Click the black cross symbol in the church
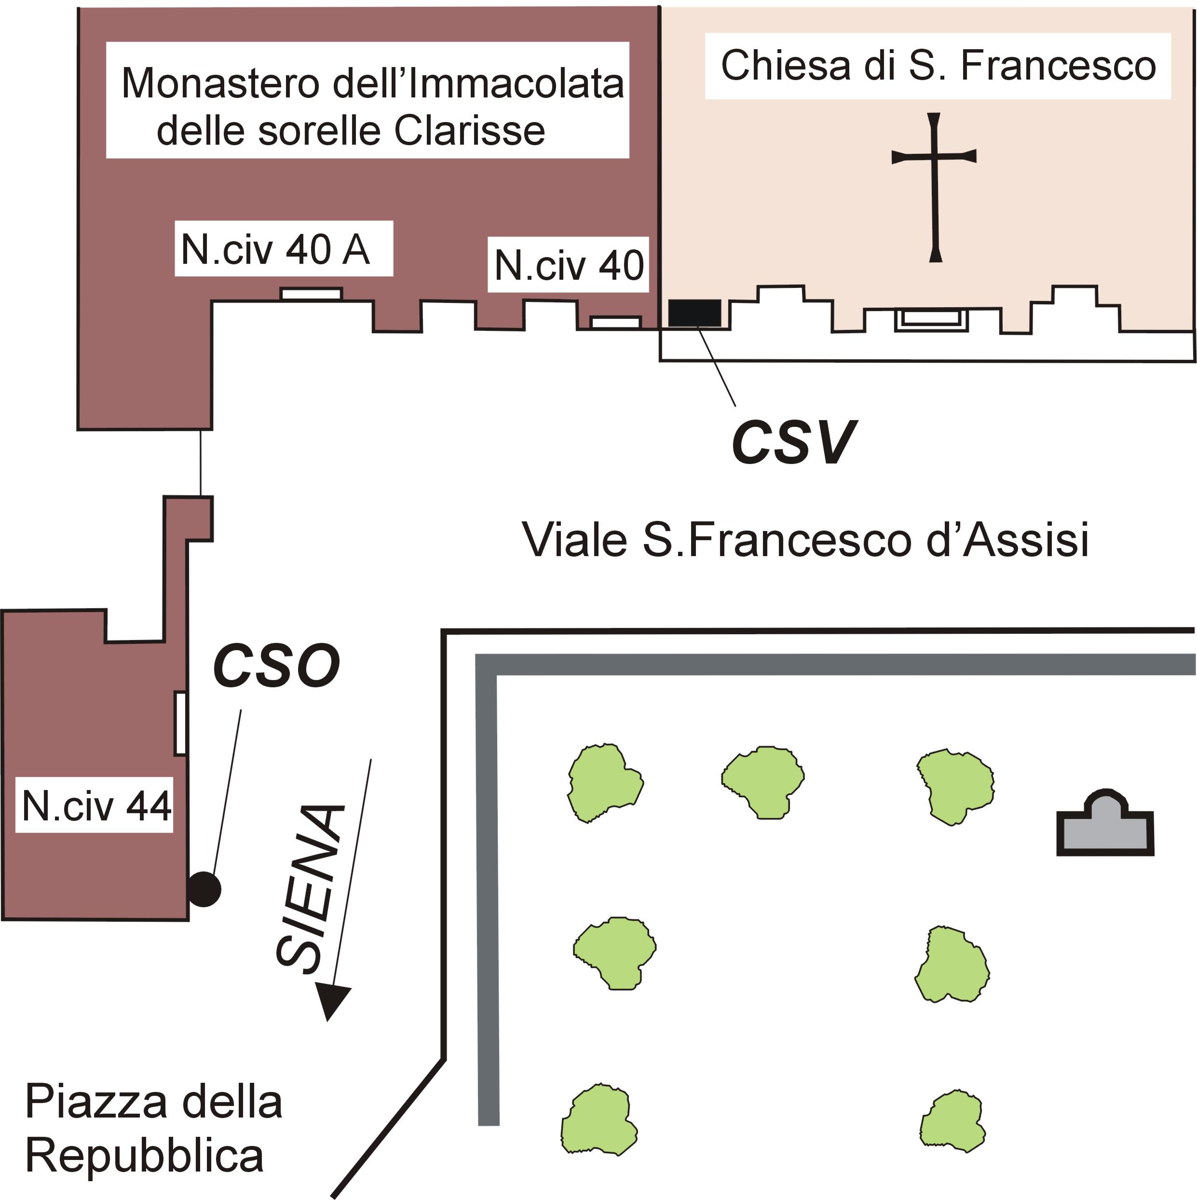coord(934,186)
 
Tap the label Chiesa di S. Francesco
coord(938,66)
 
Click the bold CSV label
coord(793,443)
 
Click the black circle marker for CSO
coord(204,889)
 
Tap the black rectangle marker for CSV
coord(694,313)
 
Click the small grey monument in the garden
coord(1105,827)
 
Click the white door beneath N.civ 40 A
coord(311,294)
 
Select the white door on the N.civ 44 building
coord(180,723)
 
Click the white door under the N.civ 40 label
coord(615,322)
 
